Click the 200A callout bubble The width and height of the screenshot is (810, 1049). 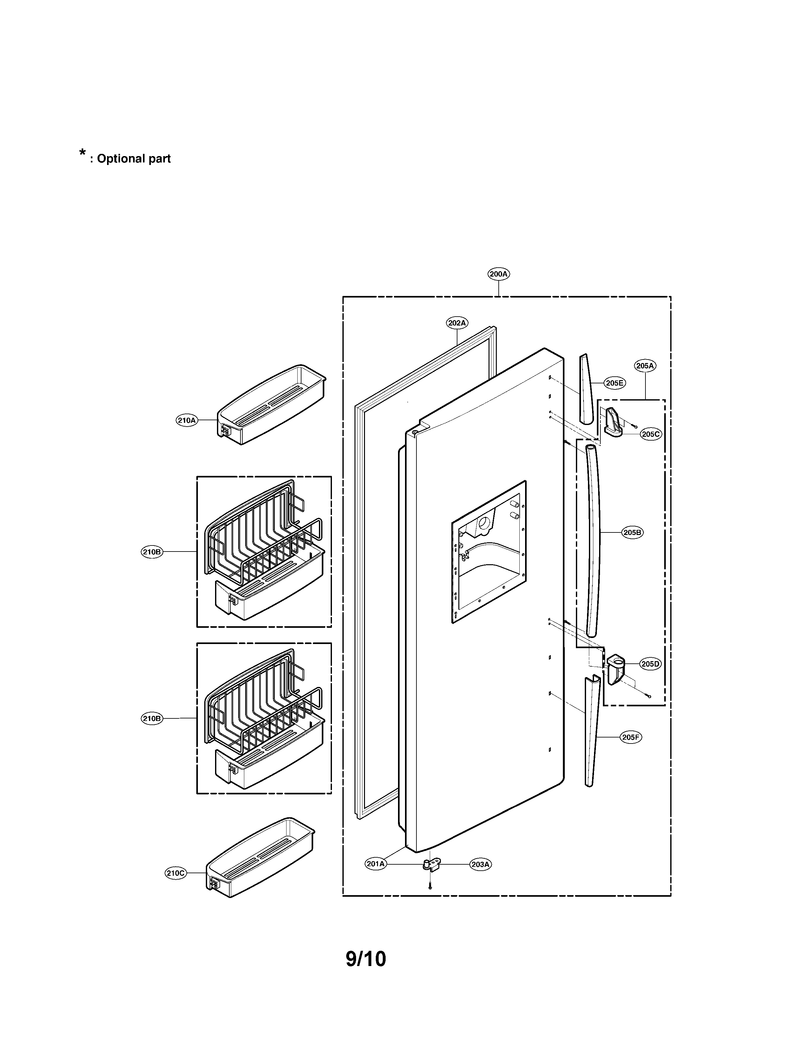(499, 274)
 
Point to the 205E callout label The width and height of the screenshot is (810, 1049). (614, 383)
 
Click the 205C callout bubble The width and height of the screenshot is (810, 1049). (651, 434)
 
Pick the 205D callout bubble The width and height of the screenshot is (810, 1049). (650, 664)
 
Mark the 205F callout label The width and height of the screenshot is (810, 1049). (631, 737)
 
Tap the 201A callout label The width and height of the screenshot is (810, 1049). (376, 864)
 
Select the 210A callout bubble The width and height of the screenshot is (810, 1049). (187, 421)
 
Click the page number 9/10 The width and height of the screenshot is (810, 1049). (366, 959)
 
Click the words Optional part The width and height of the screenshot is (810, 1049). (133, 159)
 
